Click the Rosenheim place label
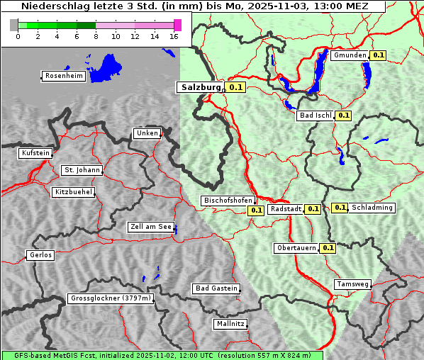pos(63,76)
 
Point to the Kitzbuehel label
pos(73,192)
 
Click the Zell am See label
pos(151,227)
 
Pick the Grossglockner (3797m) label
pos(111,298)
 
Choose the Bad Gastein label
pos(216,288)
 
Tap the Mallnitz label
pos(230,324)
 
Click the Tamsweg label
pos(352,284)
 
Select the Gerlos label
pos(40,255)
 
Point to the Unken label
pos(147,133)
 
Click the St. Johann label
pos(82,170)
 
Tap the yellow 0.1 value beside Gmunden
pos(378,55)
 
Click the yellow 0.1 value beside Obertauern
pos(328,248)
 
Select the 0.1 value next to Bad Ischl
pos(344,115)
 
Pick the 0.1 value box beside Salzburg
pos(236,87)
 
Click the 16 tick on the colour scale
pos(174,36)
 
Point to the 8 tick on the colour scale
pos(96,36)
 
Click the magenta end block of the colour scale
pos(177,25)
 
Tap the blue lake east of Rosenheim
pos(106,67)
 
